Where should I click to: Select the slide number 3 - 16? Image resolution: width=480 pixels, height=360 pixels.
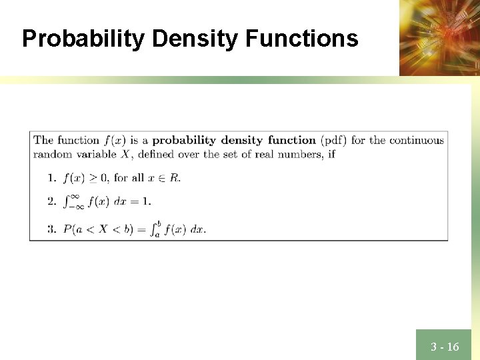[x=445, y=347]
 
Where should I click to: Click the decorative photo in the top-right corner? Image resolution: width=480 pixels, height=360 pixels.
[x=439, y=37]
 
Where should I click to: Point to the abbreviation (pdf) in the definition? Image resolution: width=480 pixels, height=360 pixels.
[x=333, y=140]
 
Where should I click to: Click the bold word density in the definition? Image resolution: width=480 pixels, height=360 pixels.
[x=242, y=140]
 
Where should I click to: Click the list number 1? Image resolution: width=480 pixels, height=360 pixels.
[x=51, y=177]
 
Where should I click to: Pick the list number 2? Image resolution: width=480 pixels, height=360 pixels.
[x=51, y=201]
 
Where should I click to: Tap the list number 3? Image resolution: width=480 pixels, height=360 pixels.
[x=51, y=229]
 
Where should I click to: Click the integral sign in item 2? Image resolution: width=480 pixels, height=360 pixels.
[x=68, y=201]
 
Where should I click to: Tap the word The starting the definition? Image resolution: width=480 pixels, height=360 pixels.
[x=43, y=140]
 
